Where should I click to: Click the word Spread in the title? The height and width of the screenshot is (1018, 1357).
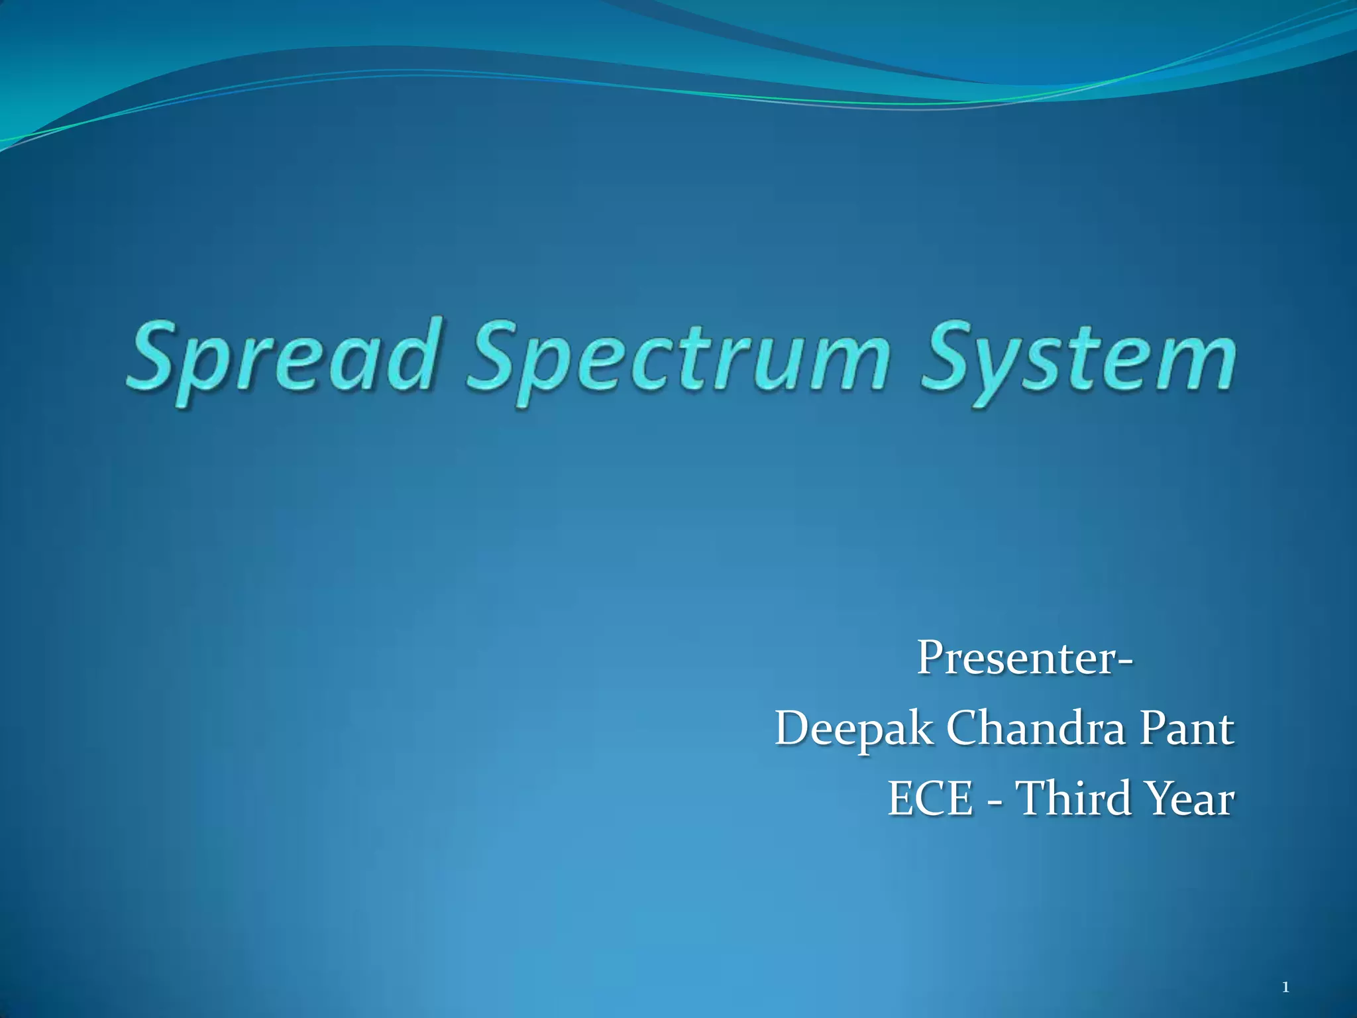click(282, 358)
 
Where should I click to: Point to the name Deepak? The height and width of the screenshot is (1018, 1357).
click(854, 730)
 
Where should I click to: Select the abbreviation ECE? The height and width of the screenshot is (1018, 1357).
click(930, 799)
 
